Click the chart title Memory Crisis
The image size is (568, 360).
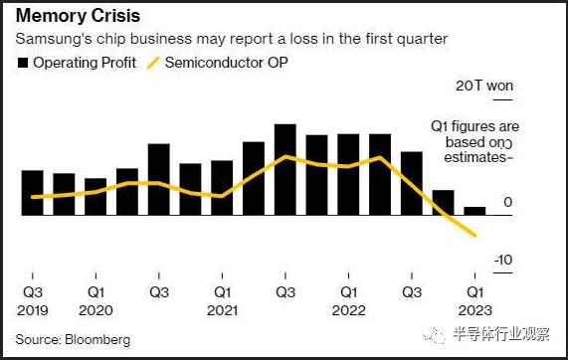78,16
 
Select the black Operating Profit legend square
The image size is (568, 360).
23,63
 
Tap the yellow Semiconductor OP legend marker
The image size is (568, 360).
153,63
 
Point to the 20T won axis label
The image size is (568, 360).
484,86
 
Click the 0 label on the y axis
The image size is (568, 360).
508,202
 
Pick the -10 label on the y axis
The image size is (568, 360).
503,260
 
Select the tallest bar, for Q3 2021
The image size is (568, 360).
285,170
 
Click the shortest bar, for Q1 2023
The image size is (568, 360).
474,211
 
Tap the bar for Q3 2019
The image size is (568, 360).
33,193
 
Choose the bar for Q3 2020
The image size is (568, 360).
159,180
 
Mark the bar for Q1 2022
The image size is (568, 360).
348,175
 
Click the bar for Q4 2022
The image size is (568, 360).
444,203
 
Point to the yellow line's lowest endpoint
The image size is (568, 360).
475,236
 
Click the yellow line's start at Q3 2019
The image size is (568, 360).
33,197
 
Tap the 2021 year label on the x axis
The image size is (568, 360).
222,310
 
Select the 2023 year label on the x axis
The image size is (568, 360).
474,310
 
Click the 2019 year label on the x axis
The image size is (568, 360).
33,310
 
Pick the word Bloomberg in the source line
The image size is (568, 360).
97,340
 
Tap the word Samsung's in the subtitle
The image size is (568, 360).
54,39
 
